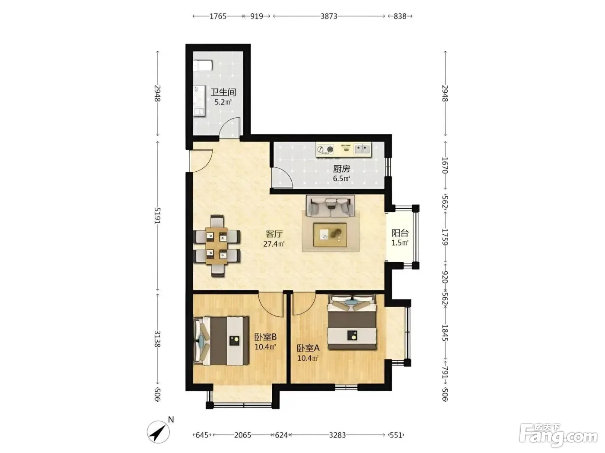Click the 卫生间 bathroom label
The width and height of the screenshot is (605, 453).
click(223, 92)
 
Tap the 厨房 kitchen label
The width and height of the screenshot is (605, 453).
click(341, 169)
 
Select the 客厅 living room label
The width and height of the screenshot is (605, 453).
click(274, 234)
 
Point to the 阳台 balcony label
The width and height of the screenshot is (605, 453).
click(400, 233)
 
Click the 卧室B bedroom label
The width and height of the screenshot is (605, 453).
click(265, 337)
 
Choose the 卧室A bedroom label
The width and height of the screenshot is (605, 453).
click(308, 348)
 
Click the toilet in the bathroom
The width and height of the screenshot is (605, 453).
click(203, 66)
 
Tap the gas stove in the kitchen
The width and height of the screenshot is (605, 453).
click(325, 150)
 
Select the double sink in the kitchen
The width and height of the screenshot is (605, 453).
click(362, 149)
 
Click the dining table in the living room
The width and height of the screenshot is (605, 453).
click(217, 245)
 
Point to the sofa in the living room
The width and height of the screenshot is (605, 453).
click(330, 206)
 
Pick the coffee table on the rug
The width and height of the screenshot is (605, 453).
click(330, 235)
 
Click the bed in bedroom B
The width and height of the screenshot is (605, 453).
click(221, 341)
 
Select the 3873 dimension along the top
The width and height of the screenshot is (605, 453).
click(329, 16)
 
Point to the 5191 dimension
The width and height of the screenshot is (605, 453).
click(157, 216)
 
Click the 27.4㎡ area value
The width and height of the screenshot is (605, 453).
click(274, 244)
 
